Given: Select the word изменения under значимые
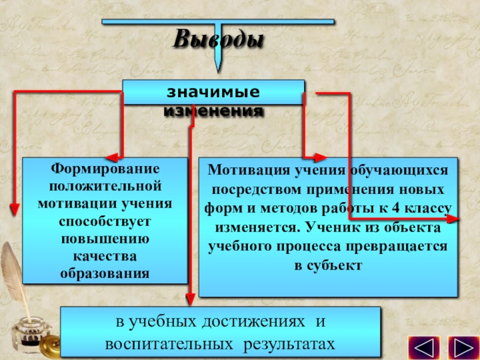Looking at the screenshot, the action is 214,111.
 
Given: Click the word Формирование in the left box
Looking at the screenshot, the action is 104,169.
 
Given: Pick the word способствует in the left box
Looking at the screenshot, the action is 104,221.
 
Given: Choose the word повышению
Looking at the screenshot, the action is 104,239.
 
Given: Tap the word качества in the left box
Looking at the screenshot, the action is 104,256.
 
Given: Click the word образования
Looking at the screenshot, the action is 104,274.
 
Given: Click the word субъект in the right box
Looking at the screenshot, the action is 328,265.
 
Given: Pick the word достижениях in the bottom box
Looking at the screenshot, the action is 254,323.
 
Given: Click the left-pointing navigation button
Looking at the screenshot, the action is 424,348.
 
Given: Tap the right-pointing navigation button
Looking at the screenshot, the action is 462,348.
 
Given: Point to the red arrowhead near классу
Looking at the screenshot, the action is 455,220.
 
